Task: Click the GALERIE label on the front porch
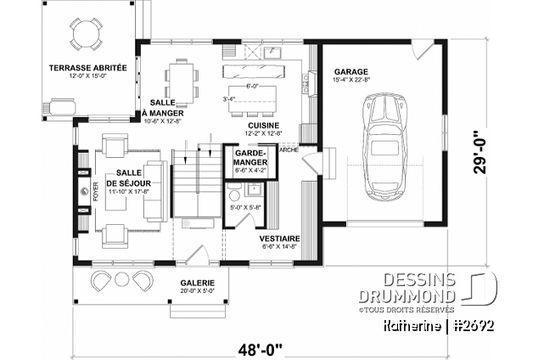click(x=197, y=282)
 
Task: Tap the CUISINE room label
click(x=265, y=124)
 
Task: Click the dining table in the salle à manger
click(x=181, y=79)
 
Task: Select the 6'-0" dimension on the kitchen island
click(x=253, y=86)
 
